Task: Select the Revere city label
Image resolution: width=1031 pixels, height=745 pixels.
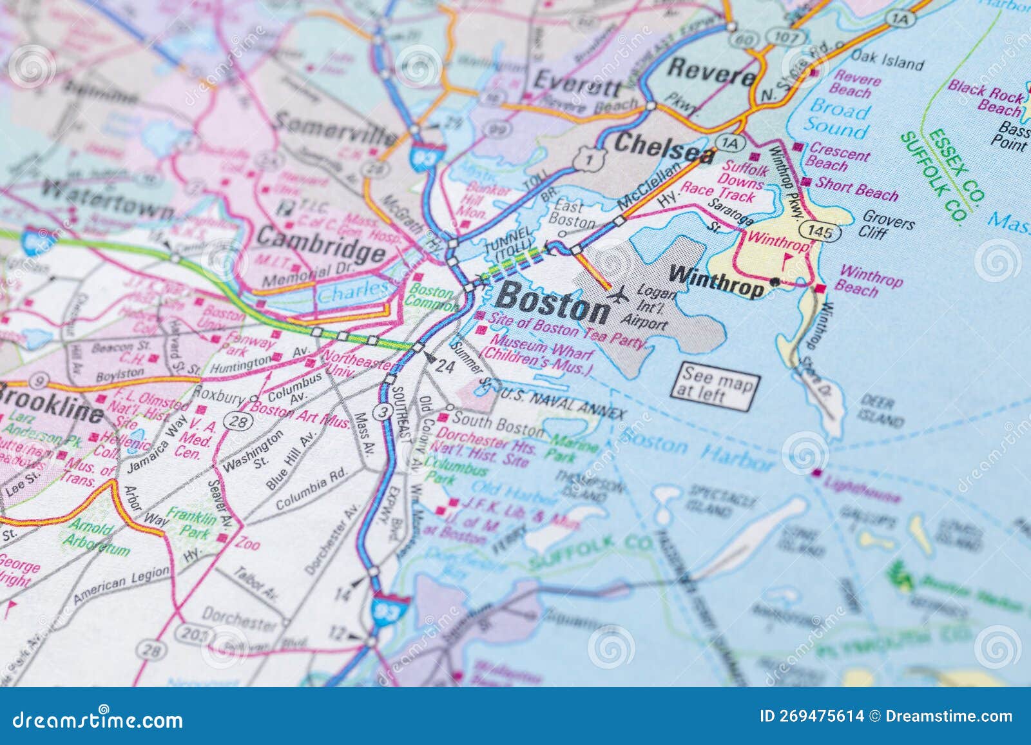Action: point(711,72)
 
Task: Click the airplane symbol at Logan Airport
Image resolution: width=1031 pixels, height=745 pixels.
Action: point(619,297)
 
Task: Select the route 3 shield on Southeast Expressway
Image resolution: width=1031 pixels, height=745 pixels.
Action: point(385,412)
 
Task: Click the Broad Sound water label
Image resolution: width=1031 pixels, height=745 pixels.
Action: point(839,119)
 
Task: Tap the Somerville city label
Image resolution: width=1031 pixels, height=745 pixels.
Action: point(335,128)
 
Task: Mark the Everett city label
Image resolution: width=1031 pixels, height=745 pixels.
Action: point(578,82)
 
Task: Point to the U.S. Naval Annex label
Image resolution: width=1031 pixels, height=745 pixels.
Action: point(562,403)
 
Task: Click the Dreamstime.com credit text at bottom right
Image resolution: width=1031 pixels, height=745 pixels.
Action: point(949,717)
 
